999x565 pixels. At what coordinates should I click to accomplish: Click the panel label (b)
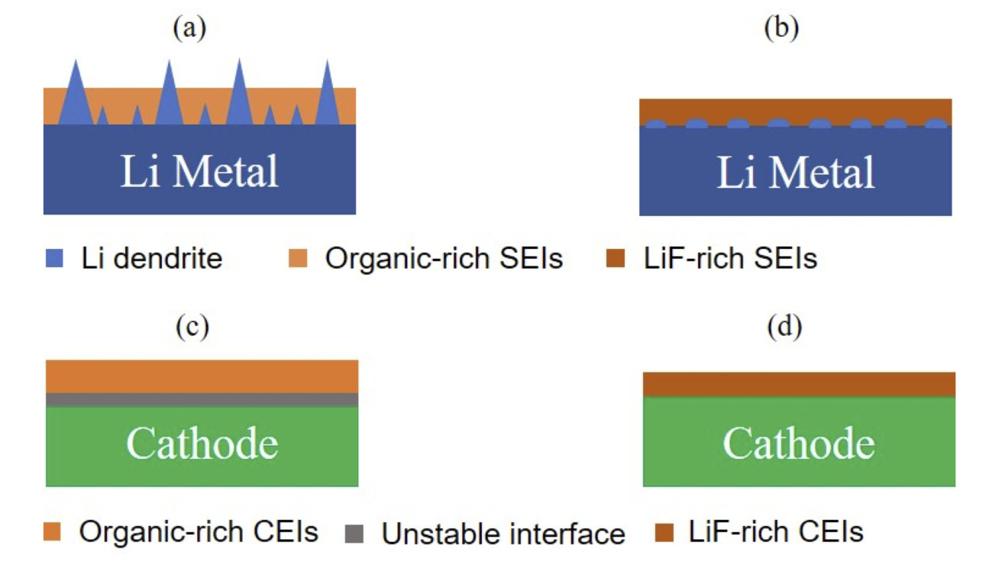click(x=781, y=28)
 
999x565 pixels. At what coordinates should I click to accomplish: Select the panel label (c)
click(x=192, y=327)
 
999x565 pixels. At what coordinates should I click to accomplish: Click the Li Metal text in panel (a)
click(x=199, y=171)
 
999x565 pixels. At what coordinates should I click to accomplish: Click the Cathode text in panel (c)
click(x=202, y=444)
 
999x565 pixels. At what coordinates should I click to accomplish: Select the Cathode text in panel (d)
click(x=799, y=444)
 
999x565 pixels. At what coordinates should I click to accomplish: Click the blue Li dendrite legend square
click(x=53, y=260)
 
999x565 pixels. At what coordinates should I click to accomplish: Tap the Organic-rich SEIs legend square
click(x=299, y=260)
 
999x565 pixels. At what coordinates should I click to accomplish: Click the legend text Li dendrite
click(x=152, y=259)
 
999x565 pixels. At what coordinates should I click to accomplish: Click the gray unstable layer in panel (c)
click(x=202, y=399)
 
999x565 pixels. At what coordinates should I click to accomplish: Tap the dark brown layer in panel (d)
click(x=799, y=384)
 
